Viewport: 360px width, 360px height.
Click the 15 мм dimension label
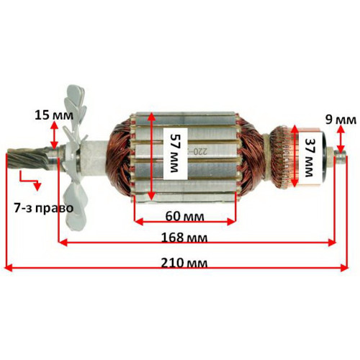coord(54,115)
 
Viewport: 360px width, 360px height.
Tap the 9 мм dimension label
coord(341,120)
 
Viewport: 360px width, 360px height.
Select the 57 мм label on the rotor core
coord(175,153)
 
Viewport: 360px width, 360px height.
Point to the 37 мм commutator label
coord(309,158)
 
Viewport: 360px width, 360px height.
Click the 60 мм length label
coord(184,217)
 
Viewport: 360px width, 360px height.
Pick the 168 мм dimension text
coord(184,238)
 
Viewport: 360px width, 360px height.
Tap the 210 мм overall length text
coord(184,263)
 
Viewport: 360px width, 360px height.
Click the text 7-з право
coord(44,208)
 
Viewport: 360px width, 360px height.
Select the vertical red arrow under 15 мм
coord(55,135)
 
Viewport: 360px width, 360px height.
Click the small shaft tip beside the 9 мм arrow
coord(341,158)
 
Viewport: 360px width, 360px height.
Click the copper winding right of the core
coord(251,156)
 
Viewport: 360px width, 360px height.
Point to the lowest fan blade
coord(75,207)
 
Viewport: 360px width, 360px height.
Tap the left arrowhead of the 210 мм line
coord(9,268)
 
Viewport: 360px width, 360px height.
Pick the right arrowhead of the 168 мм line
coord(332,243)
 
